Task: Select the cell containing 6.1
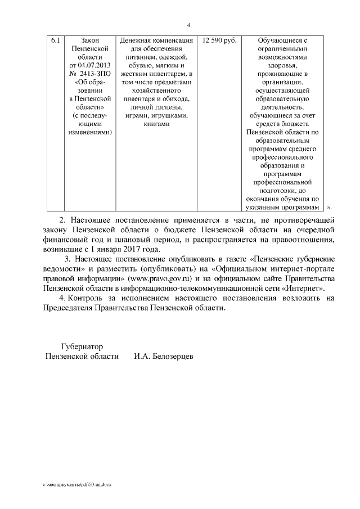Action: (x=55, y=41)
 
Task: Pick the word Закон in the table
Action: (x=89, y=41)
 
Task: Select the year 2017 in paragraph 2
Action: (x=133, y=249)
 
